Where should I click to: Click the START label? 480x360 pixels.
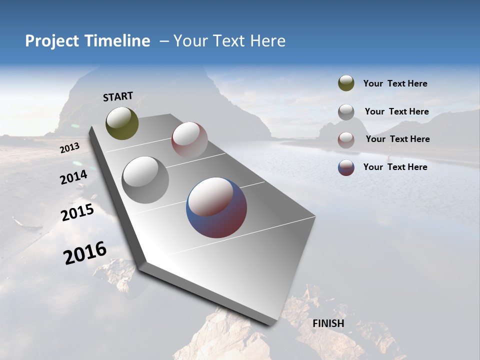118,96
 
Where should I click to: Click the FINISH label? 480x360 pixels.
328,323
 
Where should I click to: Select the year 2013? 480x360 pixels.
69,148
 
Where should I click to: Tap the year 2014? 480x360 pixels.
73,177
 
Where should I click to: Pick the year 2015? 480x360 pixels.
77,213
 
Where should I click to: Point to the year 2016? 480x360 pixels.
85,253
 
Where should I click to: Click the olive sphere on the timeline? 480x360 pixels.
122,123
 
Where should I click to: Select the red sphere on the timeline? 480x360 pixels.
189,139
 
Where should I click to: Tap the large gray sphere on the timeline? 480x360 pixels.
145,179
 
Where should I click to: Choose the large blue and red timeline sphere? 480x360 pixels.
216,207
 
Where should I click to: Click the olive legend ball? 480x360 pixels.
346,83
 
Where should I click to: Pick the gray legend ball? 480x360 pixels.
346,111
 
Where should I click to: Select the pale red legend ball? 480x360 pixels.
346,139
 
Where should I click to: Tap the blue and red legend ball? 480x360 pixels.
346,167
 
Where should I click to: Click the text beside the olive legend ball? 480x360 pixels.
395,83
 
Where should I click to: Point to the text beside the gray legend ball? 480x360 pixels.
396,111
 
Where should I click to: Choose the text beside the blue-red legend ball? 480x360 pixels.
395,167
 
